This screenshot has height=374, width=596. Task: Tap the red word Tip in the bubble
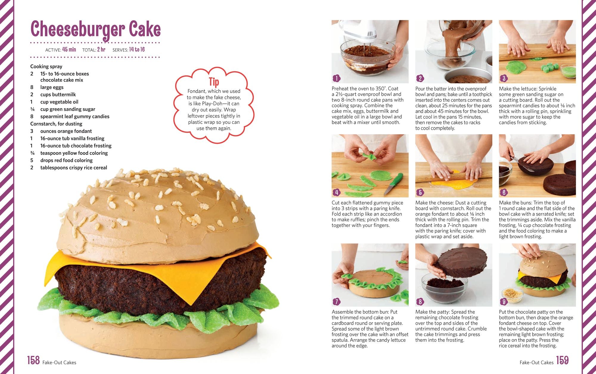[214, 82]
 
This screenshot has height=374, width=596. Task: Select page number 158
[33, 360]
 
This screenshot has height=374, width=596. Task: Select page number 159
[562, 360]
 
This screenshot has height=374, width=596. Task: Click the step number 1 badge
[336, 78]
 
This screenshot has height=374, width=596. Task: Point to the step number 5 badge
[420, 192]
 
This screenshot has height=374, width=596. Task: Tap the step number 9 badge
[504, 302]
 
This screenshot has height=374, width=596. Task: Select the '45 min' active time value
[69, 50]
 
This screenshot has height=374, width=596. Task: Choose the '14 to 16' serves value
[137, 50]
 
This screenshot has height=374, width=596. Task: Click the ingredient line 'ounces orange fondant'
[66, 131]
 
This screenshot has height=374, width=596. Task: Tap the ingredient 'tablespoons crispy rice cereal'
[74, 168]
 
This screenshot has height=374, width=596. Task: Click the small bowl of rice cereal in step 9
[512, 295]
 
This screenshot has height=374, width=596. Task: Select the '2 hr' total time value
[101, 50]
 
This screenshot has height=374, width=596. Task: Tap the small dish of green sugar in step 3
[569, 72]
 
